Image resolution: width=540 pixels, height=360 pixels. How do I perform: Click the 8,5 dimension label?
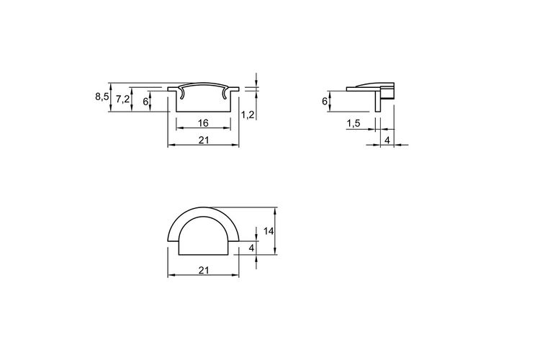(102, 96)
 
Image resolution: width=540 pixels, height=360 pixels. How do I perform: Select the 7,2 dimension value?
(122, 99)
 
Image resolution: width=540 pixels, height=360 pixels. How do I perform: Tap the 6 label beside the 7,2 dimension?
(145, 102)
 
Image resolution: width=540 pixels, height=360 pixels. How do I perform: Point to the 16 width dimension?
(204, 122)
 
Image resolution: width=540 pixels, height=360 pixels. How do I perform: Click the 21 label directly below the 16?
(204, 140)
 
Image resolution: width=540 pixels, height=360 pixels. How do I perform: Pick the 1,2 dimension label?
(248, 114)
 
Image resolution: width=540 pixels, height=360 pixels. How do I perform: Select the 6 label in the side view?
(325, 102)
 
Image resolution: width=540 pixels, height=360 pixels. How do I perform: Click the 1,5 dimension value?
(354, 123)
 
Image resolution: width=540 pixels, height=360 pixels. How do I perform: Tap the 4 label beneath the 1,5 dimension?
(387, 140)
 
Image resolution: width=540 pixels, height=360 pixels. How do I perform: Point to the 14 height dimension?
(269, 231)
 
